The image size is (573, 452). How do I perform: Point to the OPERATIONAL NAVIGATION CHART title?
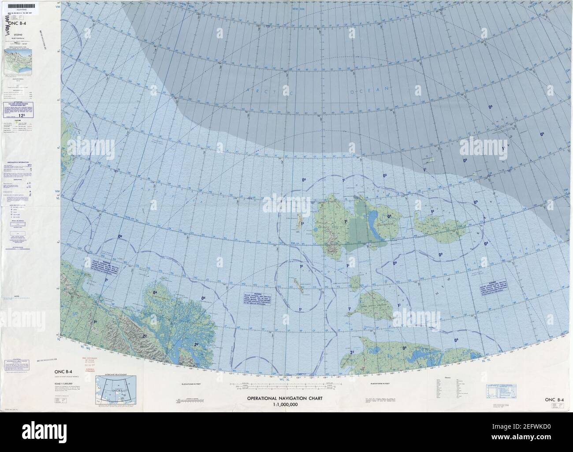point(285,398)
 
